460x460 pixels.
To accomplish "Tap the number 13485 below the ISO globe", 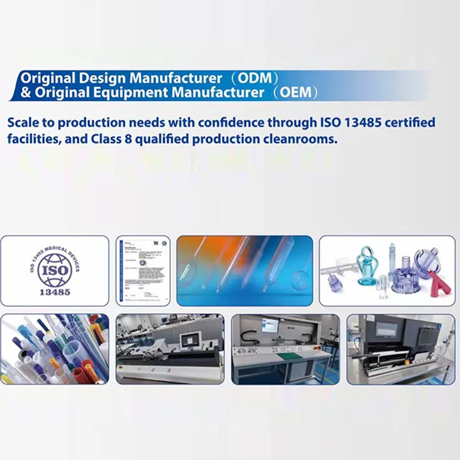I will [55, 292].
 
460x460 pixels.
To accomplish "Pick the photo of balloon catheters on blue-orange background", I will [244, 270].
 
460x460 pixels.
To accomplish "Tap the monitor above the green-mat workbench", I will [270, 325].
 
